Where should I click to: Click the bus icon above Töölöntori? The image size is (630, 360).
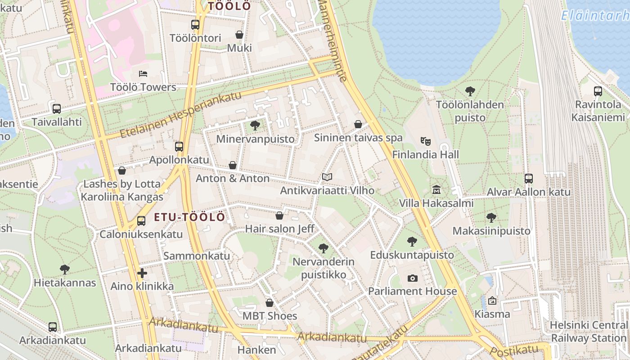[195, 25]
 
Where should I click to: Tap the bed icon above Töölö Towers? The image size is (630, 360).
[143, 73]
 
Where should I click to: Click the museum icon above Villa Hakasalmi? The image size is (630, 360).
[436, 189]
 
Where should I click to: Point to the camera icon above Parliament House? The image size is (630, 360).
[412, 278]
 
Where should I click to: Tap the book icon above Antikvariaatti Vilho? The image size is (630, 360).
[327, 177]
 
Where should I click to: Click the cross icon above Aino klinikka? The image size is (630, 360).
[142, 273]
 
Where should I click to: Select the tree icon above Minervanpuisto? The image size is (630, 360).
[255, 125]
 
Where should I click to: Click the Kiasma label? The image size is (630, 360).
[492, 314]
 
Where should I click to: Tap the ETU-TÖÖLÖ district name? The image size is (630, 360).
[189, 217]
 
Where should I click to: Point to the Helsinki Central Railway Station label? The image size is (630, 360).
[588, 331]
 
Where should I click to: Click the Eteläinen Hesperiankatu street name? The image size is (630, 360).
[180, 115]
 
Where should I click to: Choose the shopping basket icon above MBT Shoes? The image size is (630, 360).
[269, 302]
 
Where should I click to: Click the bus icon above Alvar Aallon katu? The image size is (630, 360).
[528, 178]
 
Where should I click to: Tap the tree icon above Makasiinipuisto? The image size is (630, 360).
[491, 218]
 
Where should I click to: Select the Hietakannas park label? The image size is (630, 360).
[65, 283]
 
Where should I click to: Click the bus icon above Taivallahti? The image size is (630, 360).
[56, 108]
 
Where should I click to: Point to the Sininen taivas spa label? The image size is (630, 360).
[358, 138]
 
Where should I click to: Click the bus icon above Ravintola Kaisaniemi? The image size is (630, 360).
[598, 91]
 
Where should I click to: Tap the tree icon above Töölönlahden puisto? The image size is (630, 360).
[470, 91]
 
